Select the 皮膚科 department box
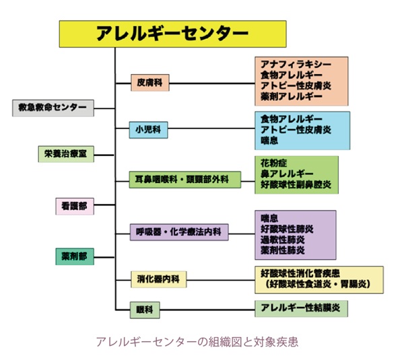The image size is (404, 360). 150,83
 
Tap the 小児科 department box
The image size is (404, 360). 149,128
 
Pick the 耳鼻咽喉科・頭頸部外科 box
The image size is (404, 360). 182,179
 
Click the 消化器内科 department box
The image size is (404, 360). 159,279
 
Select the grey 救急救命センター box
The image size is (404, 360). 53,107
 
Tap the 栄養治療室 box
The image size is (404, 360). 65,154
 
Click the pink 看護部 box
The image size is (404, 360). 74,207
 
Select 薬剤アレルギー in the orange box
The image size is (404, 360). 287,97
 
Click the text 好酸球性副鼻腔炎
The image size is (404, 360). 296,185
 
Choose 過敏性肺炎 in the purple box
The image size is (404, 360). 282,240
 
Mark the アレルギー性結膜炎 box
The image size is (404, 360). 301,308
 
